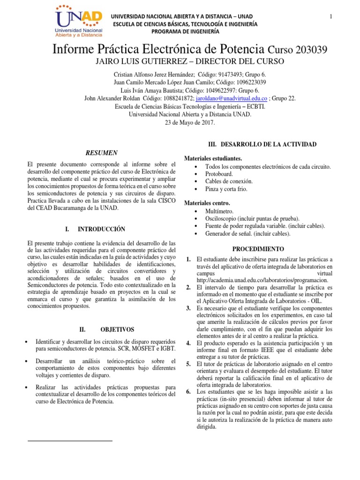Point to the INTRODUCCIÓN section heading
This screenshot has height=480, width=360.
click(101, 229)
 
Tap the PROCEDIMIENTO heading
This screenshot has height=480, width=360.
click(259, 248)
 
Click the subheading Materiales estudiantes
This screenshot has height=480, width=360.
click(213, 158)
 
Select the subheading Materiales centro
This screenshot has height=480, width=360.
click(207, 203)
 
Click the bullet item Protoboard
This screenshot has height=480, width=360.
click(219, 174)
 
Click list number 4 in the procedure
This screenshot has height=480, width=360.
click(188, 344)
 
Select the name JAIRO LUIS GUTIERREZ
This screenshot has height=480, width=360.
click(142, 62)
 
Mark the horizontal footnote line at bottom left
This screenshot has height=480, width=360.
click(70, 441)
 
